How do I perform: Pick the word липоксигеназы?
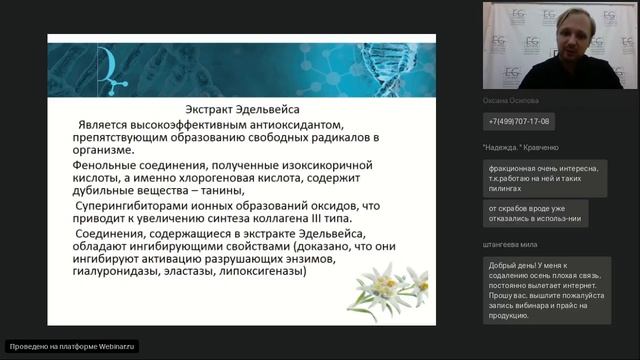coord(263,271)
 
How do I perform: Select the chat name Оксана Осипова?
coord(511,101)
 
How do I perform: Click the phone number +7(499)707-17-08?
coord(518,122)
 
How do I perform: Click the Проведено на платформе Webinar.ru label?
coord(69,346)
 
